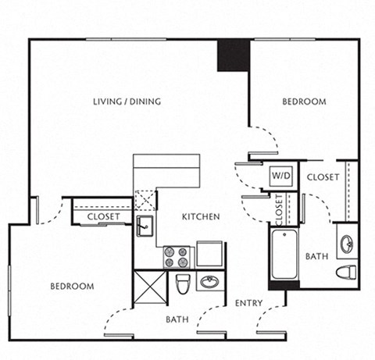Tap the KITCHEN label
pos(201,216)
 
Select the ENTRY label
pos(248,303)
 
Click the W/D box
pos(281,177)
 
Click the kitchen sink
pos(145,227)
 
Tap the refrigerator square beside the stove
pos(209,255)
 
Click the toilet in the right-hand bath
pos(346,272)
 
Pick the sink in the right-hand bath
pos(348,243)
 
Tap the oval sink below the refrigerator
pos(209,282)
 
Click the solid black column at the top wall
pos(233,55)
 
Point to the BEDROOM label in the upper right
pos(303,102)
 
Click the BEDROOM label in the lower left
pos(72,287)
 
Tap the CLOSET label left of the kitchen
pos(103,216)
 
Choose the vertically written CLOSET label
pos(279,208)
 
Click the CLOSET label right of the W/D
pos(323,177)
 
